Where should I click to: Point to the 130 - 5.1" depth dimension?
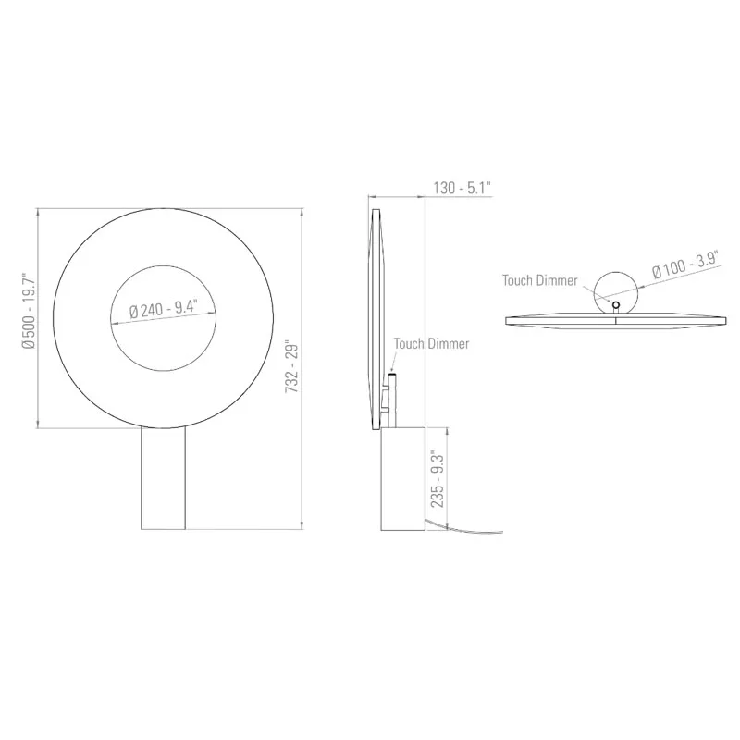pyautogui.click(x=461, y=189)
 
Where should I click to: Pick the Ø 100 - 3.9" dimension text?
pyautogui.click(x=685, y=265)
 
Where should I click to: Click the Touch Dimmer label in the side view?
pyautogui.click(x=431, y=344)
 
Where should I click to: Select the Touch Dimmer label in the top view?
pyautogui.click(x=540, y=280)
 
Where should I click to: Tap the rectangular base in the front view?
pyautogui.click(x=164, y=477)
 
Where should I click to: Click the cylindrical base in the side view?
pyautogui.click(x=402, y=477)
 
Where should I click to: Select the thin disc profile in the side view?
pyautogui.click(x=376, y=319)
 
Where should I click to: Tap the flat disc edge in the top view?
pyautogui.click(x=614, y=320)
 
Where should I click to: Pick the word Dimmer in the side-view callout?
pyautogui.click(x=449, y=344)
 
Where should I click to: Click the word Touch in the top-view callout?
pyautogui.click(x=519, y=280)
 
